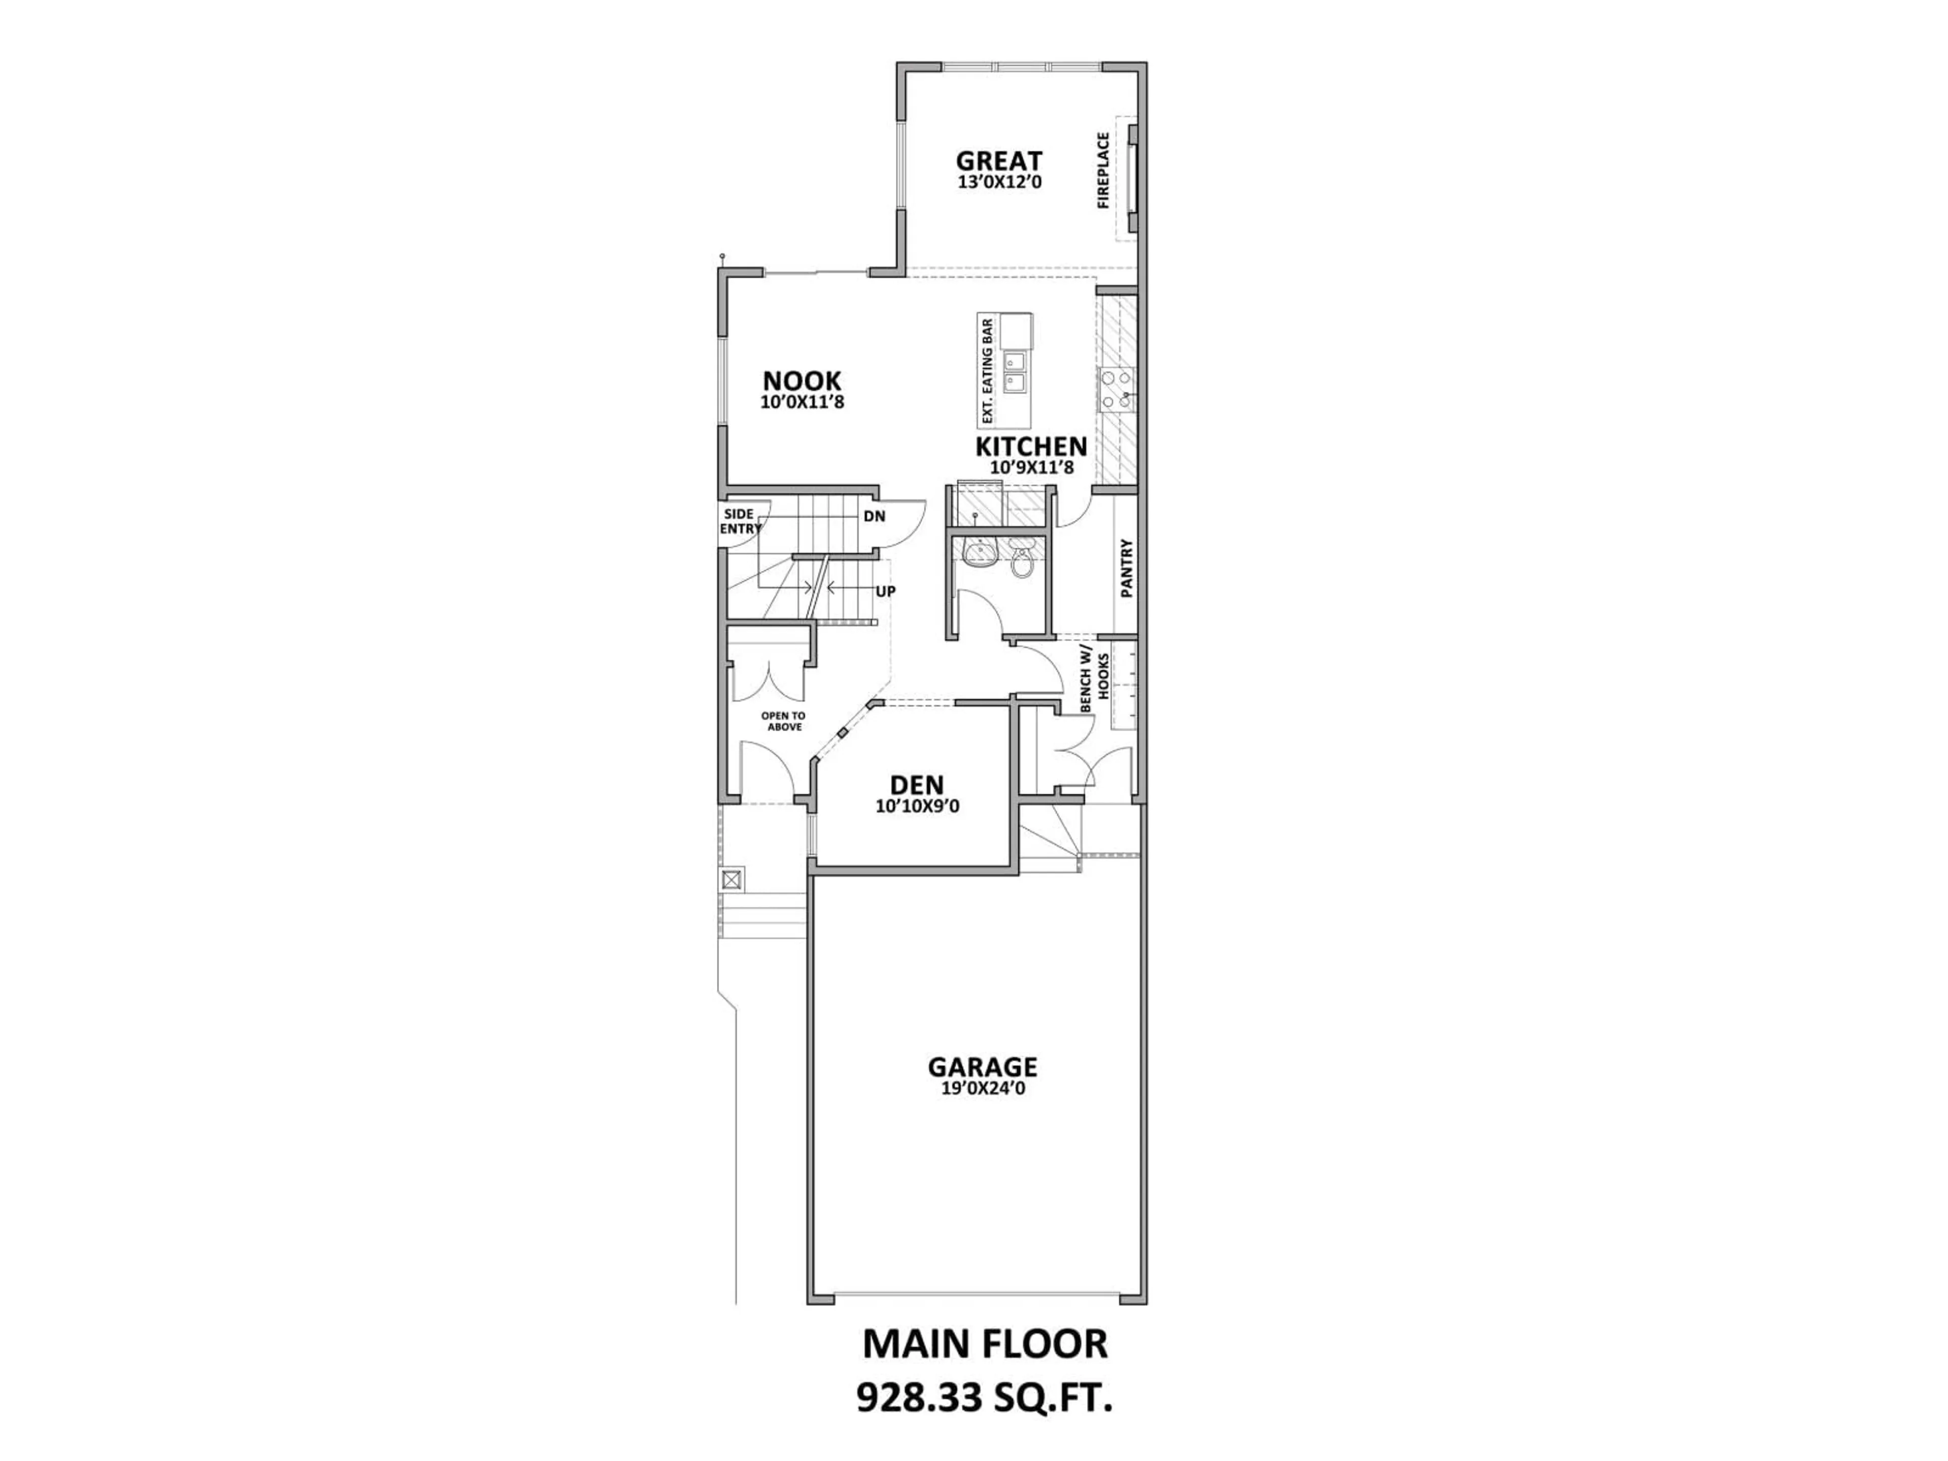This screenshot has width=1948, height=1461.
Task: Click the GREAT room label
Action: click(999, 161)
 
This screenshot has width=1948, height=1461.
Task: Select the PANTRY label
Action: click(1126, 568)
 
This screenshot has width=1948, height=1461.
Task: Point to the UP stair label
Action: click(885, 592)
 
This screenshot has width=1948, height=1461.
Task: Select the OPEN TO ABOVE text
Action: click(783, 721)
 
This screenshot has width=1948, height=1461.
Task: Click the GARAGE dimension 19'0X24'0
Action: click(982, 1089)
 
